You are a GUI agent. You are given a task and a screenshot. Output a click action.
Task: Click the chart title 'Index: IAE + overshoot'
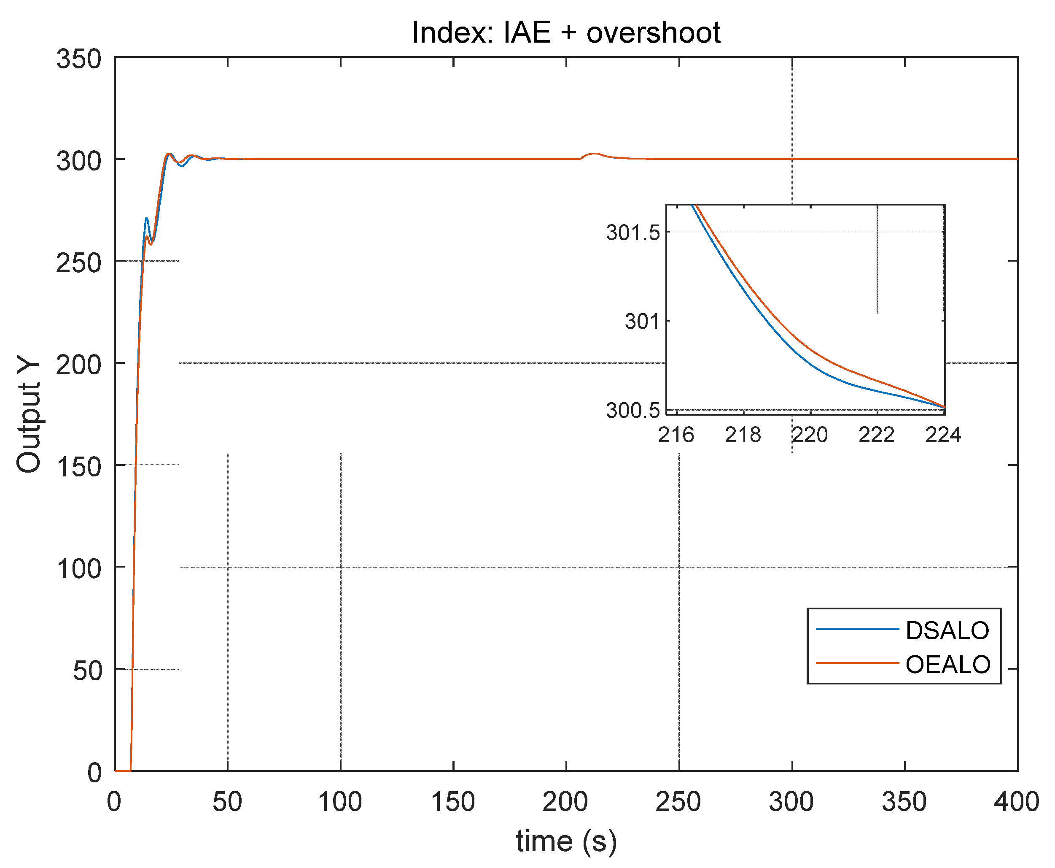pyautogui.click(x=566, y=32)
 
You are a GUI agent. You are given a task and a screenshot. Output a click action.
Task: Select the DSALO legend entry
pyautogui.click(x=947, y=630)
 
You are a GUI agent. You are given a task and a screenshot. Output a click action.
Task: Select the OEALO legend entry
pyautogui.click(x=947, y=665)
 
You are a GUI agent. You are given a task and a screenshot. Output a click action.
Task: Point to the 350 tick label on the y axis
pyautogui.click(x=78, y=59)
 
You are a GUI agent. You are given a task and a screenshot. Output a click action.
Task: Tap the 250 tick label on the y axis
pyautogui.click(x=78, y=263)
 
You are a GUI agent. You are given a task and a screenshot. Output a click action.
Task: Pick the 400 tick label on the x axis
pyautogui.click(x=1017, y=802)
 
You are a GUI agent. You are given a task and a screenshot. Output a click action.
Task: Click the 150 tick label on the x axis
pyautogui.click(x=452, y=802)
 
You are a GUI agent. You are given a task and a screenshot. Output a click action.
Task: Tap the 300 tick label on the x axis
pyautogui.click(x=791, y=802)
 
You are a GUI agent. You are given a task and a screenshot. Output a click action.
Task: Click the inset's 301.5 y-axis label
pyautogui.click(x=633, y=233)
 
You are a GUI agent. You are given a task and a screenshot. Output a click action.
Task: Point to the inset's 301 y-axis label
pyautogui.click(x=642, y=322)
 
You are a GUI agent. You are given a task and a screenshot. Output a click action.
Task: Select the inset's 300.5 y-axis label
pyautogui.click(x=633, y=411)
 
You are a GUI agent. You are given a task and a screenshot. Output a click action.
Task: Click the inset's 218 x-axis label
pyautogui.click(x=743, y=435)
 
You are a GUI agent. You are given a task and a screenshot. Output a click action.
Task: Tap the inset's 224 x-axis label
pyautogui.click(x=943, y=435)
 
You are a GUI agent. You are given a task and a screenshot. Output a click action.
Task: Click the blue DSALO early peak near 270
pyautogui.click(x=146, y=219)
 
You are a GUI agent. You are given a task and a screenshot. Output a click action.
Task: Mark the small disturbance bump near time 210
pyautogui.click(x=594, y=154)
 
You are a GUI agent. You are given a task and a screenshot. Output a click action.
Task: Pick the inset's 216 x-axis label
pyautogui.click(x=676, y=435)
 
